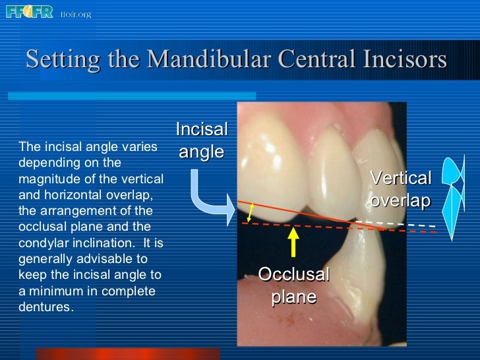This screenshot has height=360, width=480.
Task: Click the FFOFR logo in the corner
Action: click(30, 12)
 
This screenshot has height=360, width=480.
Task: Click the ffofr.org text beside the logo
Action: click(75, 13)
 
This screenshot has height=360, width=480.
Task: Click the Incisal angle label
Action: click(202, 140)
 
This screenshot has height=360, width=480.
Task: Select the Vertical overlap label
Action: click(400, 189)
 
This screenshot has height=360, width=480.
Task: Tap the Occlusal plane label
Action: click(293, 285)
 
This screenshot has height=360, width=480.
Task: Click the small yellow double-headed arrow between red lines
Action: click(250, 212)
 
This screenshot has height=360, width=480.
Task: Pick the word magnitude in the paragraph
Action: click(46, 179)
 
